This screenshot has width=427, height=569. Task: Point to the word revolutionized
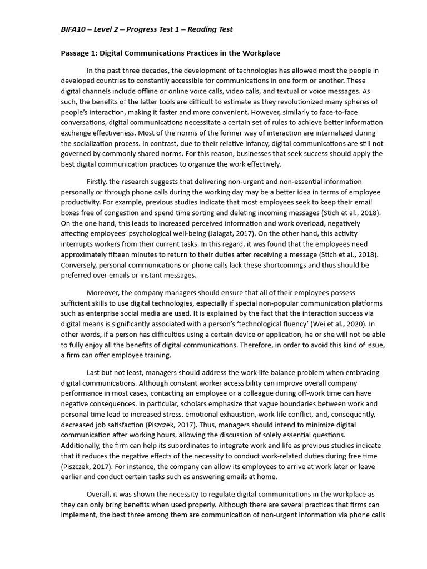[259, 102]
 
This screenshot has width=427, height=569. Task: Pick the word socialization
[99, 143]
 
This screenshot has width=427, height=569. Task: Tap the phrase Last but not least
[117, 372]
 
